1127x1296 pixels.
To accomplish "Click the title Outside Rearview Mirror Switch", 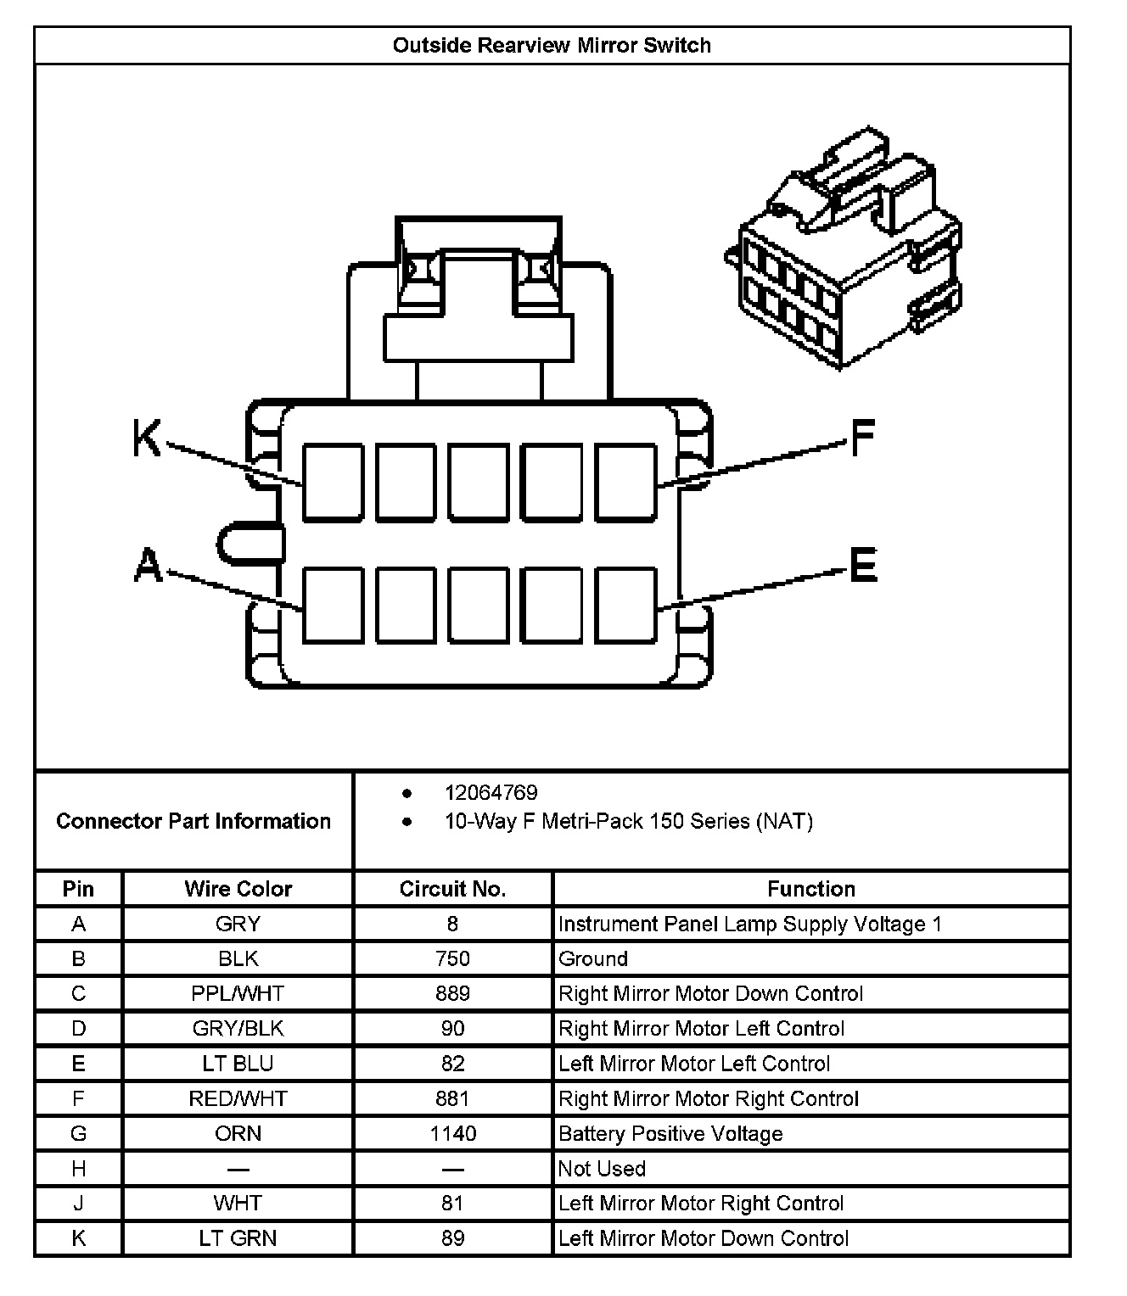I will click(x=552, y=46).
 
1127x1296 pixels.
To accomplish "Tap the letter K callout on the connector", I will click(x=147, y=439).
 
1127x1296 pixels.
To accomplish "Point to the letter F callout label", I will click(x=861, y=439).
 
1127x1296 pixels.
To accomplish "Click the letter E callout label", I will click(x=863, y=565).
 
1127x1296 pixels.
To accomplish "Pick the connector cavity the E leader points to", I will click(x=626, y=605).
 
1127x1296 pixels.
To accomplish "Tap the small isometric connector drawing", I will click(x=843, y=250).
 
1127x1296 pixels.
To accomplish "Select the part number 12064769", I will click(x=491, y=793).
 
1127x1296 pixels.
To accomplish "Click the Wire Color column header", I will click(x=238, y=889).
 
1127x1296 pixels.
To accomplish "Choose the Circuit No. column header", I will click(x=452, y=889).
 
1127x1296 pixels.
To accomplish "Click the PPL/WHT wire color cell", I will click(x=238, y=993).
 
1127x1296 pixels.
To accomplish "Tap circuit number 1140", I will click(x=452, y=1133).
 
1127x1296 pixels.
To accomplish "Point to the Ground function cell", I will click(x=593, y=958).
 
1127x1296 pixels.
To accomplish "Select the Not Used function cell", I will click(x=602, y=1169).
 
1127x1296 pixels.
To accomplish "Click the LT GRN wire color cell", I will click(x=238, y=1238).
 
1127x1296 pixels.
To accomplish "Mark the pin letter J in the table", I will click(x=78, y=1203).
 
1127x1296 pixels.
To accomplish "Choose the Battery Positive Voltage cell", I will click(x=670, y=1134).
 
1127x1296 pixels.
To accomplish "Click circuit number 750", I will click(x=452, y=958).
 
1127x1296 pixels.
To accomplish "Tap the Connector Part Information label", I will click(x=193, y=821).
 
